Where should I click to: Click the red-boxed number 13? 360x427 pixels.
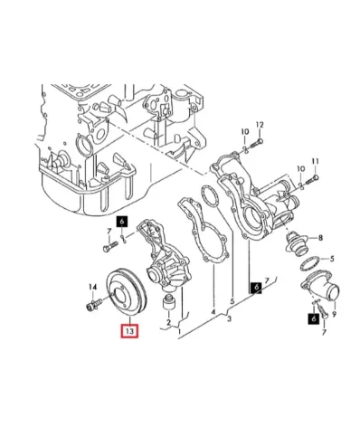click(129, 331)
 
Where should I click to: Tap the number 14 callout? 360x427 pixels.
click(93, 288)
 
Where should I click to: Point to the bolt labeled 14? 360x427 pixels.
click(95, 303)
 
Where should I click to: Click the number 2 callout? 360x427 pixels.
click(168, 322)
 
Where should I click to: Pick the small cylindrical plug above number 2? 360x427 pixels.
click(169, 302)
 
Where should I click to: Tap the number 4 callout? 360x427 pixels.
click(213, 312)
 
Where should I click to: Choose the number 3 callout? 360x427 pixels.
click(229, 318)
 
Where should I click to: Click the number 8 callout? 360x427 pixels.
click(320, 238)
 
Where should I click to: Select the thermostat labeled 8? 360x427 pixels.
click(297, 243)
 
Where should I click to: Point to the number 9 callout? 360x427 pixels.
click(334, 314)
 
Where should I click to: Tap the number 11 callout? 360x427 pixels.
click(315, 162)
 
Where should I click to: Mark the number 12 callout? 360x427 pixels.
click(260, 125)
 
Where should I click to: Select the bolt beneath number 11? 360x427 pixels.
click(312, 180)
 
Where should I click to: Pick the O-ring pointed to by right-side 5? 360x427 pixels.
click(310, 263)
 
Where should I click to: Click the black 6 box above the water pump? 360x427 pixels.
click(122, 222)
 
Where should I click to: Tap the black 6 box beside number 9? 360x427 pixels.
click(314, 318)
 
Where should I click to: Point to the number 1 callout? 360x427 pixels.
click(180, 332)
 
